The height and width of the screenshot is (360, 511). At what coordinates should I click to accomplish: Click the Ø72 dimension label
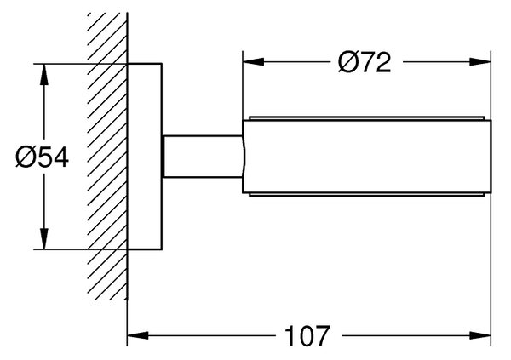364,62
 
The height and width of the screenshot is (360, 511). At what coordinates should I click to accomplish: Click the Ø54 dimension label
43,157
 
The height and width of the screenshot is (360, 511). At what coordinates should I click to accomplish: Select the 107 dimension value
307,335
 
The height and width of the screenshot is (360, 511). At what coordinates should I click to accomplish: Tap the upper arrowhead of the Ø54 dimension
44,74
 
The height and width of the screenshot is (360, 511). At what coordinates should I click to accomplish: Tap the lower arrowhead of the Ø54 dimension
44,239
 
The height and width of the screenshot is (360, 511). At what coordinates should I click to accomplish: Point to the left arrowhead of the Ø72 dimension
253,62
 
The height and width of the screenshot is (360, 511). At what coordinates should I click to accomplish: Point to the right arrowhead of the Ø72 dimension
480,62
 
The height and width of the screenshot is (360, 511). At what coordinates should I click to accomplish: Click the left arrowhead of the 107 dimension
138,335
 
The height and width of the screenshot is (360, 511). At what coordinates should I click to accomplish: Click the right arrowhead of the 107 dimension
480,335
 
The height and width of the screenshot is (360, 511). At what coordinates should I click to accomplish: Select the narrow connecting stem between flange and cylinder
203,157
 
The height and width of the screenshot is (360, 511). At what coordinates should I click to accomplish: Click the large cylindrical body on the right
367,157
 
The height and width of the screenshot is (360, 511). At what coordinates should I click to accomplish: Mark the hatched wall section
107,157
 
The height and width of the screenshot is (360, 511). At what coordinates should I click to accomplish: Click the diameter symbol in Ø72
348,62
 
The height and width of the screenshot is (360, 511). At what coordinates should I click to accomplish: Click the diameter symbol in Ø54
25,157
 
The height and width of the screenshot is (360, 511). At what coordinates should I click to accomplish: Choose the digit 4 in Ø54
60,157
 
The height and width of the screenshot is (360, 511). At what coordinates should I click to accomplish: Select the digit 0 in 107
307,335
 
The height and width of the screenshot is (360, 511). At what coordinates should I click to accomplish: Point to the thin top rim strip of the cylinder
367,118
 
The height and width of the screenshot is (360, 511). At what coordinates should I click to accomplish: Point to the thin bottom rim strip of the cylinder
367,195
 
